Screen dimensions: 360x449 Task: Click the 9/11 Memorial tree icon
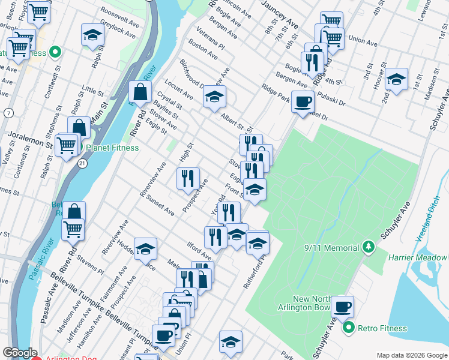point(369,247)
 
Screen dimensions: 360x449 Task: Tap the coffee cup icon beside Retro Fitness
point(342,307)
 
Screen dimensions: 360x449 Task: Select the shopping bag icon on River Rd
point(140,92)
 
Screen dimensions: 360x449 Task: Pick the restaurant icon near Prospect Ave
point(188,178)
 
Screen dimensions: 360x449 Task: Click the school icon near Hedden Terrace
point(145,250)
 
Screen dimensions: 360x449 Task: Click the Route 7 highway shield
point(8,113)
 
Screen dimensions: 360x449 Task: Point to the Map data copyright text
point(412,355)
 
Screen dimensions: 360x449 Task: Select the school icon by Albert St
point(214,97)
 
